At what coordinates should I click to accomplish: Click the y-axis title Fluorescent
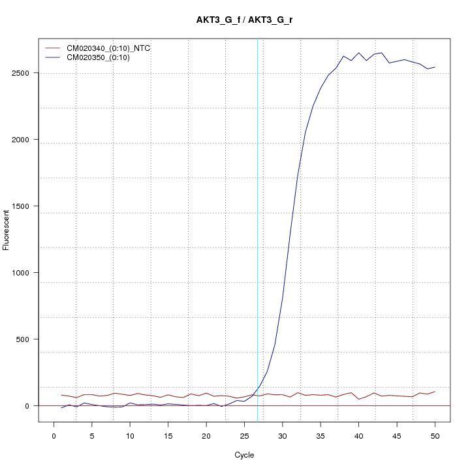(x=7, y=230)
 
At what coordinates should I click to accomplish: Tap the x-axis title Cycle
(x=244, y=455)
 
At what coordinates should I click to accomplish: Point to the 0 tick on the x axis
(x=54, y=435)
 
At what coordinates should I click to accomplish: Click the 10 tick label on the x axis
(x=130, y=435)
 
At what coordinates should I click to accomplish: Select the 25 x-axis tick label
(x=244, y=435)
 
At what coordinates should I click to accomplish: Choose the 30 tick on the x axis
(x=283, y=435)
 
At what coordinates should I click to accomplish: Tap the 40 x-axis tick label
(x=358, y=435)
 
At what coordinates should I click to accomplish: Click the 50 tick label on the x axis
(x=435, y=435)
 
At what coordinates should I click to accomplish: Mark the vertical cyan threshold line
(x=257, y=228)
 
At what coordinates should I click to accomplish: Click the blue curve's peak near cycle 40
(x=359, y=53)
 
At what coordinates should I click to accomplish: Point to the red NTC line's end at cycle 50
(x=435, y=392)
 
